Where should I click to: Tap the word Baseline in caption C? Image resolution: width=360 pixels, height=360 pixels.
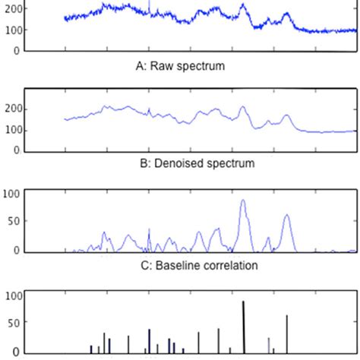[x=172, y=265]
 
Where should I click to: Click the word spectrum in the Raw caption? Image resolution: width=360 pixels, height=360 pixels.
[x=201, y=66]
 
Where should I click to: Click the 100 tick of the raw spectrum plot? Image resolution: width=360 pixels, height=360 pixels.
[x=13, y=30]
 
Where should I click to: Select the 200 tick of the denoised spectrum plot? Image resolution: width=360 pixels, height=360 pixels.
[x=13, y=109]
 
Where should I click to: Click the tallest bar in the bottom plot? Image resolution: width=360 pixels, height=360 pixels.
[x=243, y=327]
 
